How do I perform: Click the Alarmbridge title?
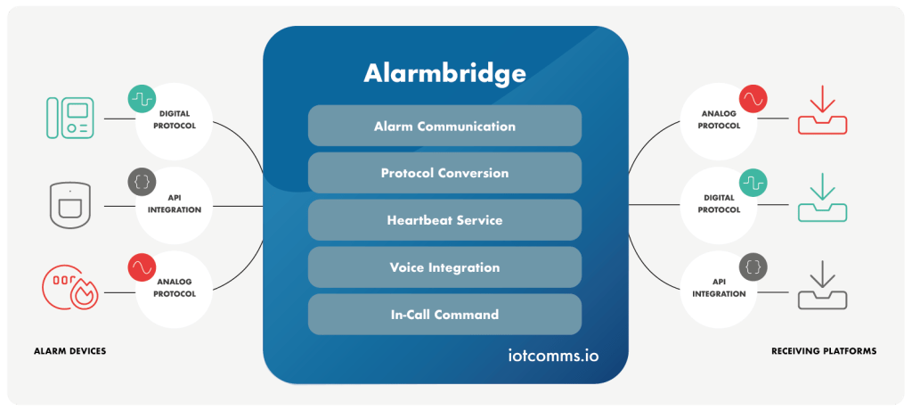tap(444, 72)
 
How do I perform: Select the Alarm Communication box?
tap(444, 126)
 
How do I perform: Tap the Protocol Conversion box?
tap(444, 173)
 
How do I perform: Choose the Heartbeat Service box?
tap(444, 219)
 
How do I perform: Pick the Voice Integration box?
tap(444, 266)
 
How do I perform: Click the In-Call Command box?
tap(444, 314)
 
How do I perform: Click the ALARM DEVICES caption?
tap(69, 351)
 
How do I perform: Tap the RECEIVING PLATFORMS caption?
tap(823, 351)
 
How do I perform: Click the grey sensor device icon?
tap(69, 205)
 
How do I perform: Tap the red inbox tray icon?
tap(822, 111)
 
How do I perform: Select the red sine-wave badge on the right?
tap(753, 96)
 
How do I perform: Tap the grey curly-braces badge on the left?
tap(142, 181)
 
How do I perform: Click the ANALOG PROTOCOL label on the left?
tap(175, 289)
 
